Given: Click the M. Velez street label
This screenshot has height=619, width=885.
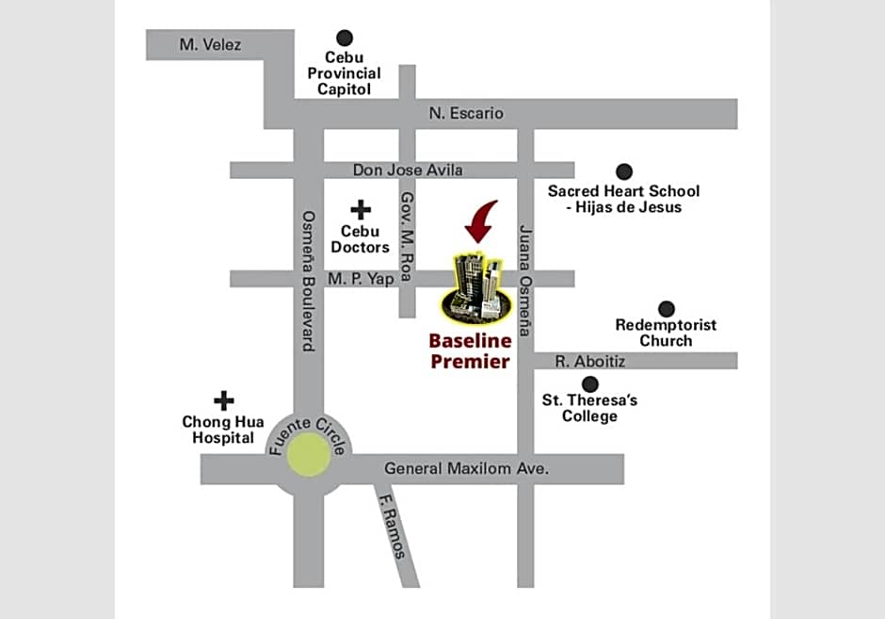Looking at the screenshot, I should point(211,44).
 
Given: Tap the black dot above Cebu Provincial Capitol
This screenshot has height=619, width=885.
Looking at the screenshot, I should point(345,38).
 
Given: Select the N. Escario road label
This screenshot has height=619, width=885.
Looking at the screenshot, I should point(466,113).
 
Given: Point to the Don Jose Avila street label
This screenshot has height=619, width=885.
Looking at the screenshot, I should point(409,171).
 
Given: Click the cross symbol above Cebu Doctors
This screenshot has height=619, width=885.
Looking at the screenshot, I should point(361,209).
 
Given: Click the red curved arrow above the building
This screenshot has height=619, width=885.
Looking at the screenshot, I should point(483,220).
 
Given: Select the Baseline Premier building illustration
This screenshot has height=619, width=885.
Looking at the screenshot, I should point(475,285).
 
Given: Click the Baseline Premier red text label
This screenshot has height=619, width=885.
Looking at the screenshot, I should point(470,350).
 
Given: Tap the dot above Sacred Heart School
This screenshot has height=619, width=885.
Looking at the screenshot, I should point(623,171).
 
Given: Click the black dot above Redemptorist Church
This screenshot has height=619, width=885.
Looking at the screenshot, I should point(667,308).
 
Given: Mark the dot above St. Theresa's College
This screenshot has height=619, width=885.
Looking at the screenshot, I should point(590,383).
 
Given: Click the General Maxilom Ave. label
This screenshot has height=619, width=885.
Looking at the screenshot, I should point(466,468).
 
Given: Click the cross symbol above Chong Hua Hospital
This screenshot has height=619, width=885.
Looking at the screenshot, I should point(223,400).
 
